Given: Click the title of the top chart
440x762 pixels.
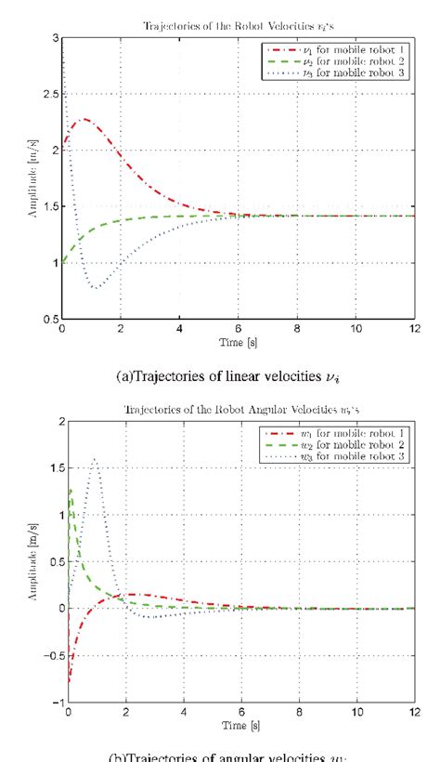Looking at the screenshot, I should [x=239, y=26].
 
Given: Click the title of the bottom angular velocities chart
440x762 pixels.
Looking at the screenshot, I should [x=239, y=409].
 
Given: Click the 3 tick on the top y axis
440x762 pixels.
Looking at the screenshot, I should [x=55, y=38].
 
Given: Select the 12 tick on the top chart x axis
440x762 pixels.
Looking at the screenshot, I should [x=414, y=329].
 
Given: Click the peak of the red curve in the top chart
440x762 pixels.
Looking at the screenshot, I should [x=84, y=119].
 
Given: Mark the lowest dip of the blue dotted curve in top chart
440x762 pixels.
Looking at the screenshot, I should [x=96, y=288].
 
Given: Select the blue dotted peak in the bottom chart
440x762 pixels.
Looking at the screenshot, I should [x=95, y=458].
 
